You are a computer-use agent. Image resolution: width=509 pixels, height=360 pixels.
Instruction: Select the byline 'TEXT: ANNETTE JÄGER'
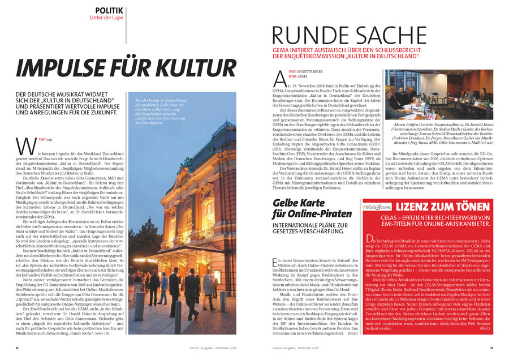(x=308, y=71)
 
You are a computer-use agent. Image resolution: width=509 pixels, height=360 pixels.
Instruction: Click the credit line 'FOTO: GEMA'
(x=298, y=76)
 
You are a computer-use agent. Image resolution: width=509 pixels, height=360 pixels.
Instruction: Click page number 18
(x=18, y=348)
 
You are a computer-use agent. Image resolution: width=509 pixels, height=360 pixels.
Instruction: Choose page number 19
(x=491, y=348)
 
